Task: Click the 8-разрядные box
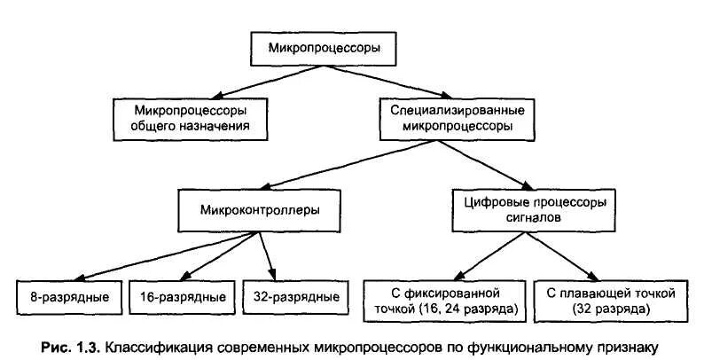click(68, 296)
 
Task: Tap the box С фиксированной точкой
click(444, 301)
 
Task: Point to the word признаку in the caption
click(632, 347)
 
